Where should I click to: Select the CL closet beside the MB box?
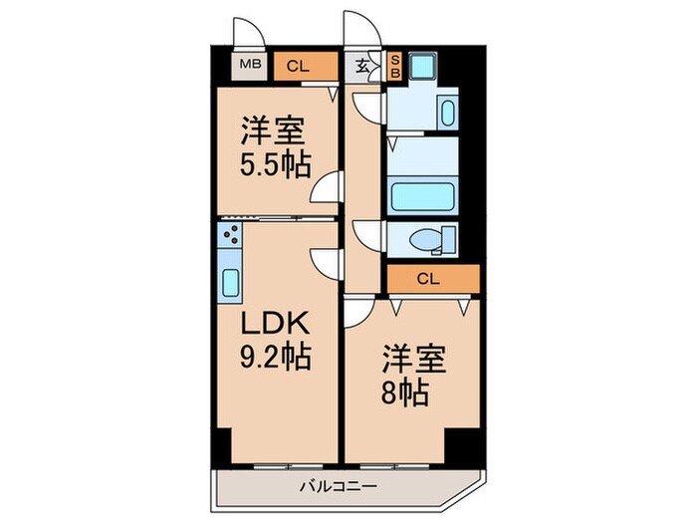click(298, 67)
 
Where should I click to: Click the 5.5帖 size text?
click(271, 162)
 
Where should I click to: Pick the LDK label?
click(275, 325)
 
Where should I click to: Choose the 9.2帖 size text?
click(275, 355)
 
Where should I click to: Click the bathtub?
click(422, 195)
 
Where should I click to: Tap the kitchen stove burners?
click(230, 236)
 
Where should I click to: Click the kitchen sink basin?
click(230, 284)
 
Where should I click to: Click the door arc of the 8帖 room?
click(357, 317)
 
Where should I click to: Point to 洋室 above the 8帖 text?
click(408, 361)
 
